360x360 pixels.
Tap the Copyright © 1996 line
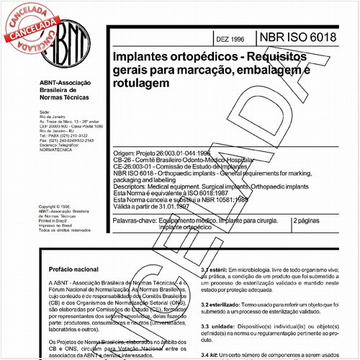[x=58, y=204]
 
